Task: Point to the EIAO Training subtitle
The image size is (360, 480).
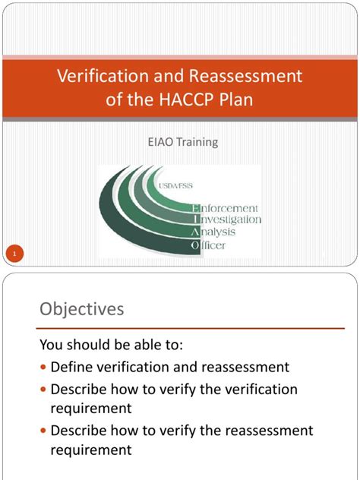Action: (x=180, y=141)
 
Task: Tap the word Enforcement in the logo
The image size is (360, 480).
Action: (x=229, y=207)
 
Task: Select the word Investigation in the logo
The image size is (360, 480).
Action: (x=230, y=219)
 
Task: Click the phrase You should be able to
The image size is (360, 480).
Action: (x=111, y=344)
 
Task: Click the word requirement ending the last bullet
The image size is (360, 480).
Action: (x=90, y=450)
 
